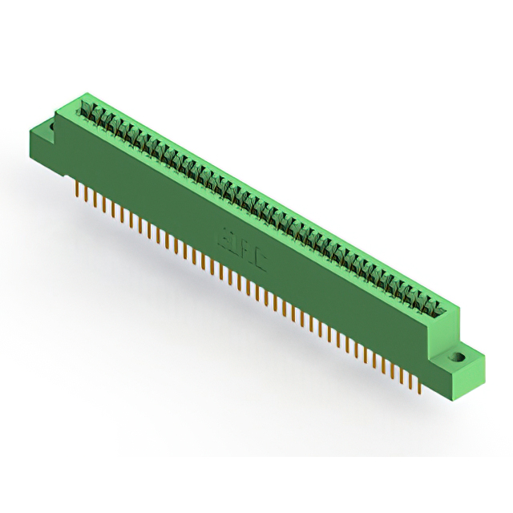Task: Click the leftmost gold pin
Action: pos(77,190)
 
